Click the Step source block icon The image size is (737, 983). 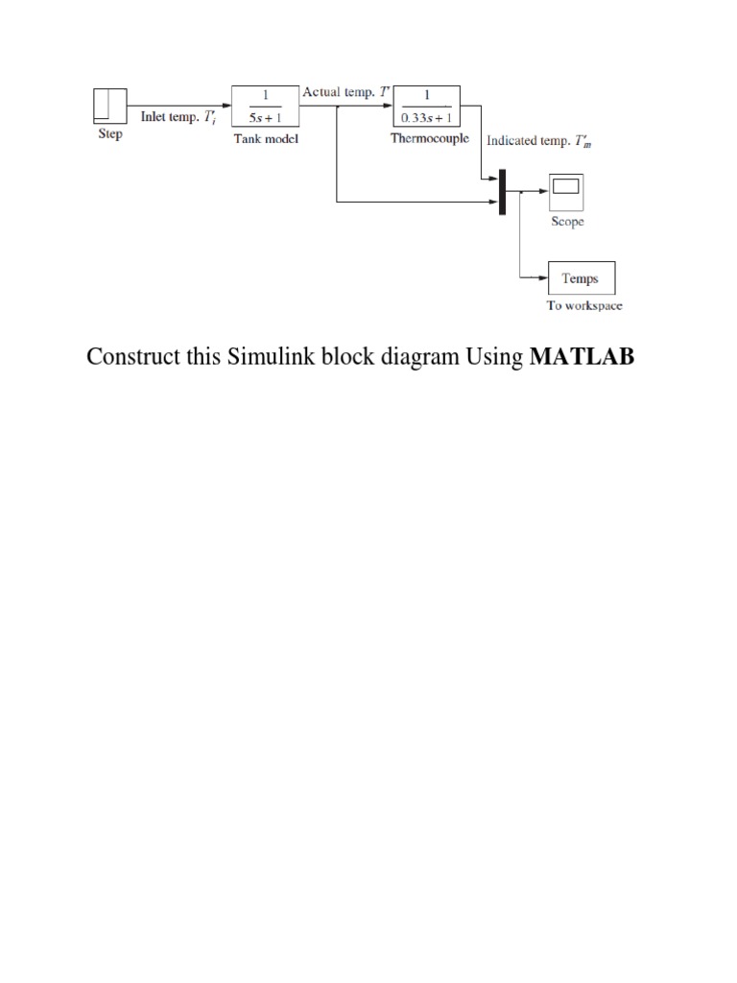coord(109,105)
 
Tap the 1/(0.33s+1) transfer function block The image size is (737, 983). coord(429,106)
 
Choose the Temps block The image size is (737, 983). coord(580,278)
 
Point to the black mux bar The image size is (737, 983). coord(501,191)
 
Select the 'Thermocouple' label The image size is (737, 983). coord(429,138)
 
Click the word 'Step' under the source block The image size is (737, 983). coord(110,134)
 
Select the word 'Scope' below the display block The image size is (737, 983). coord(566,222)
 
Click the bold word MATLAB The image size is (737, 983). coord(582,357)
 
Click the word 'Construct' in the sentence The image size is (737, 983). coord(130,357)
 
